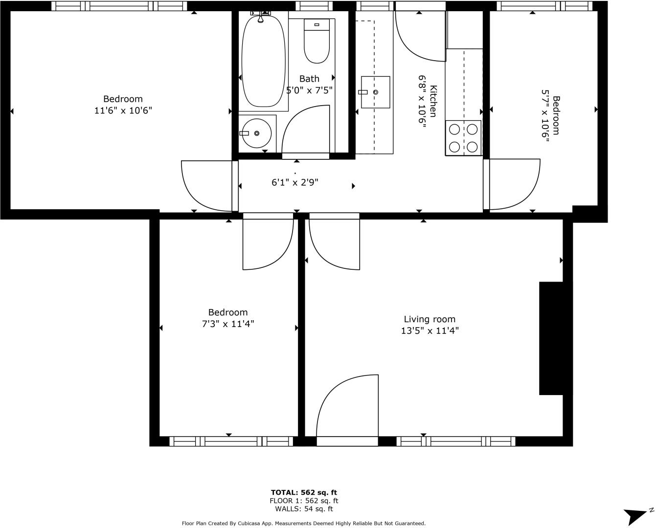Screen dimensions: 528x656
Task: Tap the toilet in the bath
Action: tap(317, 42)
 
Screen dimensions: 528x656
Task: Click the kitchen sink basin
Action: tap(375, 92)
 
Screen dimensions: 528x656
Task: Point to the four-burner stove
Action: tap(463, 138)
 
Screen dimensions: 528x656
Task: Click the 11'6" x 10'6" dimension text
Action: tap(123, 110)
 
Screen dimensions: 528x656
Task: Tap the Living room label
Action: tap(430, 319)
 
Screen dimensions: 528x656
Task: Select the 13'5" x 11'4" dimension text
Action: tap(430, 331)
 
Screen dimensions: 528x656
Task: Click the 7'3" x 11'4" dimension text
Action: tap(228, 324)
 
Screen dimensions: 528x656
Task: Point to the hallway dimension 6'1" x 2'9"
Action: tap(295, 182)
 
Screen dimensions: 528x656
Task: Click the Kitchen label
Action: tap(433, 102)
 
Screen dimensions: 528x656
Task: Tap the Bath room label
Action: tap(309, 79)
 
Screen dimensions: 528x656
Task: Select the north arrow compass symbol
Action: tap(637, 515)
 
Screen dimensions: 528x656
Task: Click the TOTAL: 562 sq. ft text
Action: tap(304, 492)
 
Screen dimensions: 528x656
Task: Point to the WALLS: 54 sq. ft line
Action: tap(304, 509)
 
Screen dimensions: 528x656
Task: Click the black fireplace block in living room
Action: tap(552, 338)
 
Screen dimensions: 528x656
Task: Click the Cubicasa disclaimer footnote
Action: tap(303, 524)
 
